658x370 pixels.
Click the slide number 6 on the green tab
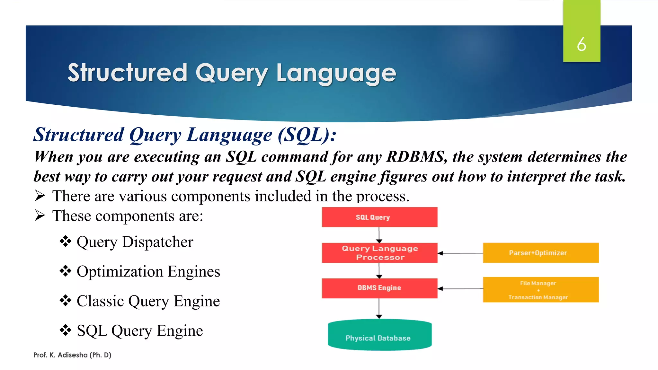[581, 44]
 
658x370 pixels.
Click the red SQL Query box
[379, 217]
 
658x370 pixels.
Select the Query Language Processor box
[379, 253]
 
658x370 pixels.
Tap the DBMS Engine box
[379, 288]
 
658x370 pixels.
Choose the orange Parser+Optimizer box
[540, 253]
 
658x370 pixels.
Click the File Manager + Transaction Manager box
[540, 289]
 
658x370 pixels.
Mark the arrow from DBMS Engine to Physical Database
[379, 308]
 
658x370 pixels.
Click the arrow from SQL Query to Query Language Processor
[379, 235]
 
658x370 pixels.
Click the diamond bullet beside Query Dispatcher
[65, 242]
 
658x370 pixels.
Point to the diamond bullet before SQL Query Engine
[65, 330]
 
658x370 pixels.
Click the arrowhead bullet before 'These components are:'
[40, 216]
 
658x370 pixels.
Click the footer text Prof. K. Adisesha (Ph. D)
[72, 355]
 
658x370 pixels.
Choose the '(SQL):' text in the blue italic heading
[307, 135]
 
